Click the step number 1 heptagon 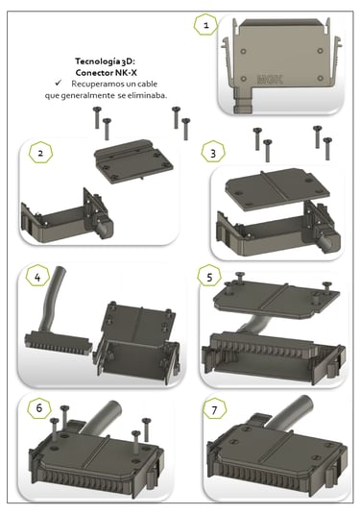[205, 25]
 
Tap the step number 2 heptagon [40, 153]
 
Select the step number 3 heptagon [213, 154]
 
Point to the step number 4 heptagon [37, 278]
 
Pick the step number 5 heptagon [209, 277]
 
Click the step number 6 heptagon [39, 408]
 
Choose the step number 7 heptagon [214, 410]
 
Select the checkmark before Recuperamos [59, 83]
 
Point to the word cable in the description [147, 84]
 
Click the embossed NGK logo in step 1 [270, 80]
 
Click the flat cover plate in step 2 [133, 161]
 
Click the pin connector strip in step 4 [57, 343]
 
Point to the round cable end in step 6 [113, 408]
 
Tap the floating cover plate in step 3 [277, 189]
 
